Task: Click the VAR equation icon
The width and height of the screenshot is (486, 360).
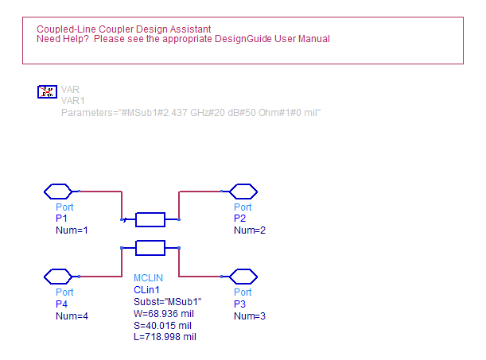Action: point(47,91)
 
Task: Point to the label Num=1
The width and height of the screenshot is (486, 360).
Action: point(72,230)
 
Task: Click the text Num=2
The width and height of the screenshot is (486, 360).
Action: point(250,230)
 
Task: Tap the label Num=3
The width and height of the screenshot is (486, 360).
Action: point(250,316)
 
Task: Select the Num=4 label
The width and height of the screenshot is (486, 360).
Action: point(72,316)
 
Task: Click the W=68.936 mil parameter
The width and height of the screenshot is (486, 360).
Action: point(164,314)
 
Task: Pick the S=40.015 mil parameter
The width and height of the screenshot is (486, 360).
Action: point(162,326)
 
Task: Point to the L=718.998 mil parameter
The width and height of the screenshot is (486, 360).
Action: point(165,337)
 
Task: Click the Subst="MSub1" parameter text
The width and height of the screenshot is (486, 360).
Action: point(167,302)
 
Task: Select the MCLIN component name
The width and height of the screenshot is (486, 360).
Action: point(148,278)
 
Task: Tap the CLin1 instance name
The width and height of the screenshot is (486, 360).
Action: point(146,290)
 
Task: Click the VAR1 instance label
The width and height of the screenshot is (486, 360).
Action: point(73,101)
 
